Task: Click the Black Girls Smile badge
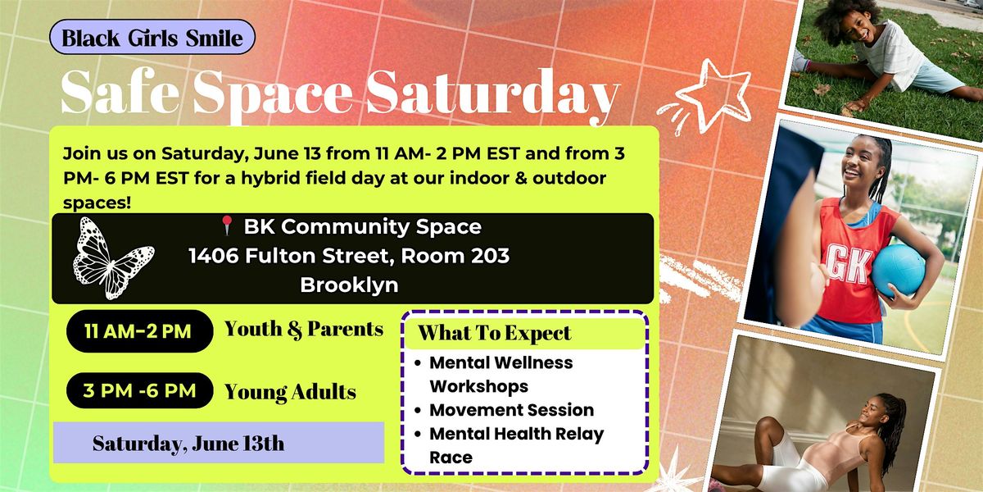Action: [x=152, y=37]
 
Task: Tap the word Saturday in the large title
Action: [x=493, y=94]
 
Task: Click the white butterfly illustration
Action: [x=113, y=258]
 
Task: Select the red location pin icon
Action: [x=226, y=225]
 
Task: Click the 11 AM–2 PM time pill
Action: [x=139, y=331]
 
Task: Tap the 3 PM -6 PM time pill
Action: [x=139, y=390]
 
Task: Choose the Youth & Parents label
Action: [x=304, y=330]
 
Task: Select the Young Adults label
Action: [x=290, y=392]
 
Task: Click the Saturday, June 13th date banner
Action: [x=219, y=443]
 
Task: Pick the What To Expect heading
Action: [x=495, y=333]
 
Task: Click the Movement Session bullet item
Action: [x=512, y=410]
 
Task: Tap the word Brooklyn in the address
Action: [x=349, y=285]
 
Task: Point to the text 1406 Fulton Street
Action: [x=289, y=256]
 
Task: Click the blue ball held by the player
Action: [x=898, y=269]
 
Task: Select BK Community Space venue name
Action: [x=362, y=226]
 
